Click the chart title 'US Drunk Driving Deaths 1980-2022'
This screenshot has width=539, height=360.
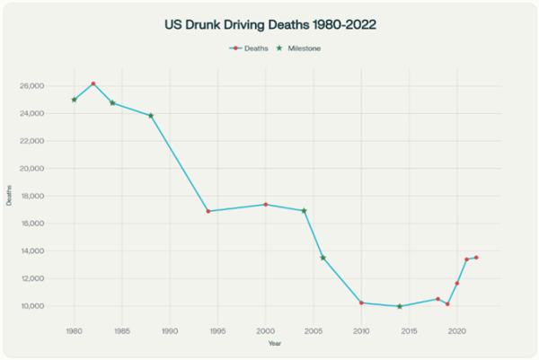269,26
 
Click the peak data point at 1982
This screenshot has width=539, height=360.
93,83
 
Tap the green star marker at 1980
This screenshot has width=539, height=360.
74,100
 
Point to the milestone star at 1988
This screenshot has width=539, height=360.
151,116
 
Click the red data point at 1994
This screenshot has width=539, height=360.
208,211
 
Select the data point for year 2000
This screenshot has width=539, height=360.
265,205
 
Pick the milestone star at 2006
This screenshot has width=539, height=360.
323,258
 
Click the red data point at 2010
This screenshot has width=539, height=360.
361,303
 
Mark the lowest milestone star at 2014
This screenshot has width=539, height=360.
400,306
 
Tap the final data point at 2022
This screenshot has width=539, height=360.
476,258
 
